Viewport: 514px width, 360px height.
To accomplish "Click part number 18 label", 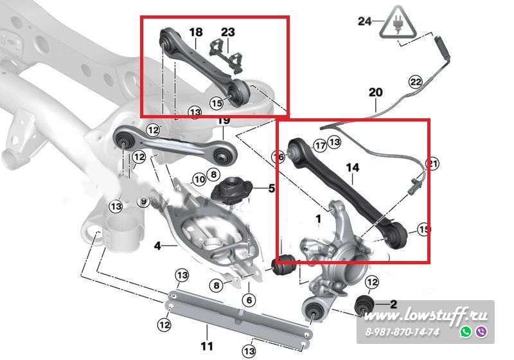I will pyautogui.click(x=195, y=32).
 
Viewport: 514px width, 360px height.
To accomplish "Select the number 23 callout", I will pyautogui.click(x=228, y=32).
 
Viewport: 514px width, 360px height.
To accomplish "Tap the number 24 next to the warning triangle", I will pyautogui.click(x=365, y=21).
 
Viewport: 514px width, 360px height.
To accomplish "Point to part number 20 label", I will pyautogui.click(x=375, y=93).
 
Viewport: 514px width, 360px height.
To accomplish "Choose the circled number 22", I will pyautogui.click(x=416, y=82).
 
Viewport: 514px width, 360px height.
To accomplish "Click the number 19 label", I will pyautogui.click(x=224, y=120).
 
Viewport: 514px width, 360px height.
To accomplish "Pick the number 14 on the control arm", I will pyautogui.click(x=353, y=168).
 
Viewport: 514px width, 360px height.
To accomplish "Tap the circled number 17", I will pyautogui.click(x=319, y=146).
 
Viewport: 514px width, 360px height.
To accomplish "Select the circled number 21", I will pyautogui.click(x=432, y=165).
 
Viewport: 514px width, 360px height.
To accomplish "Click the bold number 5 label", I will pyautogui.click(x=271, y=188).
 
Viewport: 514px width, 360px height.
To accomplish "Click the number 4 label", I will pyautogui.click(x=157, y=245).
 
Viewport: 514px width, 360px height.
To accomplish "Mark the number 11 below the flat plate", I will pyautogui.click(x=206, y=346).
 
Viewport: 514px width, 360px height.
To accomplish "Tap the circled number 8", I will pyautogui.click(x=217, y=285).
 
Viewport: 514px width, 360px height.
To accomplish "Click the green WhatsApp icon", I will pyautogui.click(x=466, y=332).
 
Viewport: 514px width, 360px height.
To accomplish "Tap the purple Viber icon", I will pyautogui.click(x=481, y=332).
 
